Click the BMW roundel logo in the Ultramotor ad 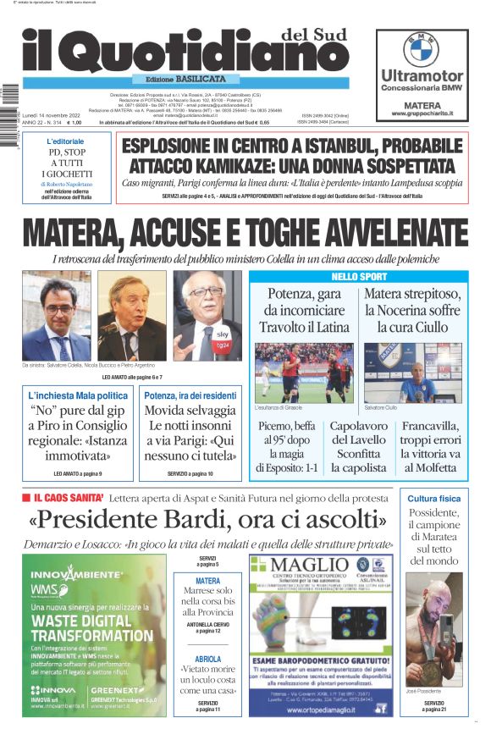(x=421, y=50)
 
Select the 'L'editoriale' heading (x=66, y=141)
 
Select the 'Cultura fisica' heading (x=434, y=499)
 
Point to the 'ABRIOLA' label (x=208, y=659)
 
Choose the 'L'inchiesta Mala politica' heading (x=78, y=395)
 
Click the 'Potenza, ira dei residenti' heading (x=190, y=395)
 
